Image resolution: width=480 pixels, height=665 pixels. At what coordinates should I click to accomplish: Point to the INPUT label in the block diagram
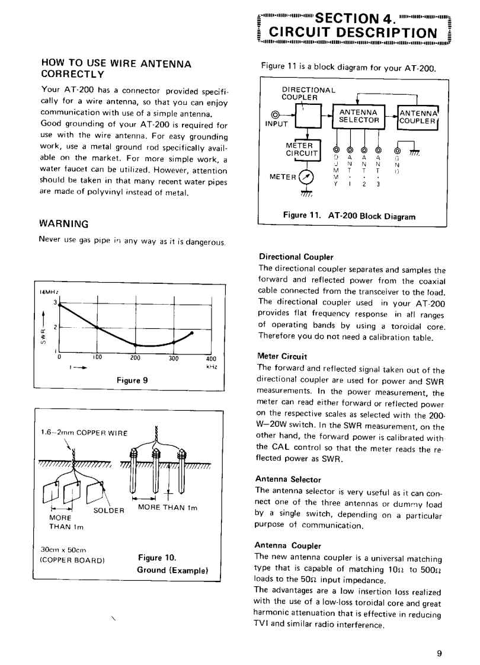coord(276,124)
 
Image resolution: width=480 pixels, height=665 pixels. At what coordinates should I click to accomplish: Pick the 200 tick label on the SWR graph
coord(135,359)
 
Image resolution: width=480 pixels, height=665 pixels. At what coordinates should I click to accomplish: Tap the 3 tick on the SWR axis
coord(55,303)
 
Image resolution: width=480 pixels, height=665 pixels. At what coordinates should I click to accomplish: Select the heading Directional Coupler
coord(296,257)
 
